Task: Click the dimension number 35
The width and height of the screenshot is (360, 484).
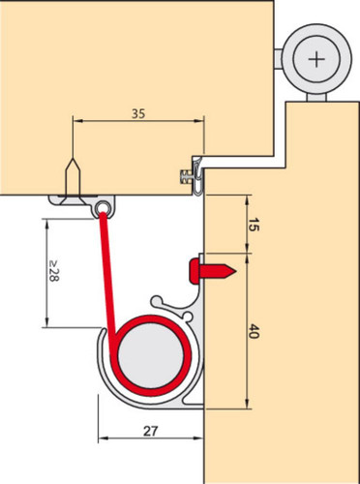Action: [138, 114]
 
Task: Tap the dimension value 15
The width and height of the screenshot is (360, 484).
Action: [254, 225]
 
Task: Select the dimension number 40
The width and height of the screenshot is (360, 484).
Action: [254, 331]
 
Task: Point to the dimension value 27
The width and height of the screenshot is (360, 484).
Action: [150, 431]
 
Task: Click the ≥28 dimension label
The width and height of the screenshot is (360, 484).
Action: [53, 271]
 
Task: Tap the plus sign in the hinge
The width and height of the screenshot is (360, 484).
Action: [315, 60]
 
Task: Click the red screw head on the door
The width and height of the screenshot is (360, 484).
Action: [195, 271]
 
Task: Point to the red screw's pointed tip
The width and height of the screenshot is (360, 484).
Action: [236, 271]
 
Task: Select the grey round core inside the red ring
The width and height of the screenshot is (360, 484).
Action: [151, 356]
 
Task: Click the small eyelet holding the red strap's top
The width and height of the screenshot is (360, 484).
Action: [104, 208]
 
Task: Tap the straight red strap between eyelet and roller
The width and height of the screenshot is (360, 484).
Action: [108, 278]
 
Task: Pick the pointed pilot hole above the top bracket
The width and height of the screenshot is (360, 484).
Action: [73, 177]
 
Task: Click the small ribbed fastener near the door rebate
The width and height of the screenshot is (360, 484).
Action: [184, 177]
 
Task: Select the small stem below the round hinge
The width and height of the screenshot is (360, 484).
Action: [316, 97]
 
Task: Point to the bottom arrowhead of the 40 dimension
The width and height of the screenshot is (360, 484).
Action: [247, 404]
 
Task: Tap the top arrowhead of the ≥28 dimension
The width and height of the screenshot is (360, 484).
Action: [47, 224]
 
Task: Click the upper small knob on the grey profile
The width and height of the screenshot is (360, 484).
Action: [156, 301]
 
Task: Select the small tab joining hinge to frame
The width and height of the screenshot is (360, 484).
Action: [278, 59]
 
